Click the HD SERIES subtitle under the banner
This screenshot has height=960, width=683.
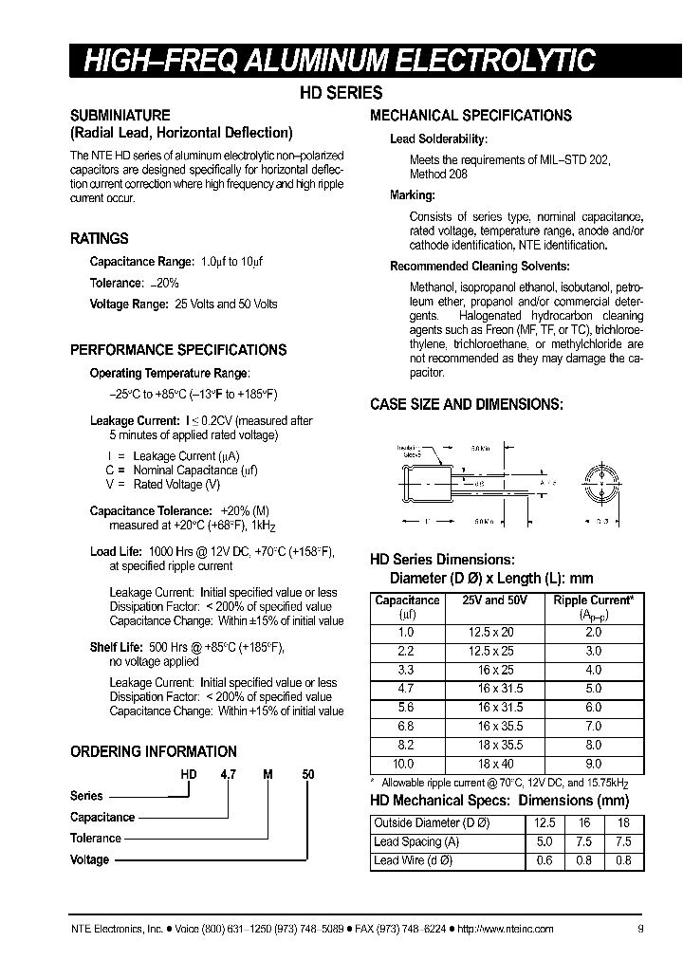click(x=341, y=93)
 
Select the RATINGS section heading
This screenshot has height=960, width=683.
click(x=100, y=239)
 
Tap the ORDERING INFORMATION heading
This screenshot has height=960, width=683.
click(x=154, y=751)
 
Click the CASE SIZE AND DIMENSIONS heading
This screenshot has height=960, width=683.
click(x=466, y=404)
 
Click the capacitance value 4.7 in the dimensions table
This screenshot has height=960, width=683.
click(x=407, y=688)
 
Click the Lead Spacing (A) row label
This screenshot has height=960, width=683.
click(x=416, y=841)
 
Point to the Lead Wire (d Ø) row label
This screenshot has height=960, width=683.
click(x=413, y=860)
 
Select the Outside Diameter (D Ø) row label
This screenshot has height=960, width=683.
click(x=430, y=822)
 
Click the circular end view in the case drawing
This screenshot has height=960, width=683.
click(x=599, y=482)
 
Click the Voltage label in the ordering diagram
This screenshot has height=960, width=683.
click(x=89, y=860)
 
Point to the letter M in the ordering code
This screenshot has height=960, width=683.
click(x=268, y=774)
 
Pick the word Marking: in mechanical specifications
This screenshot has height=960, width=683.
click(x=413, y=195)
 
